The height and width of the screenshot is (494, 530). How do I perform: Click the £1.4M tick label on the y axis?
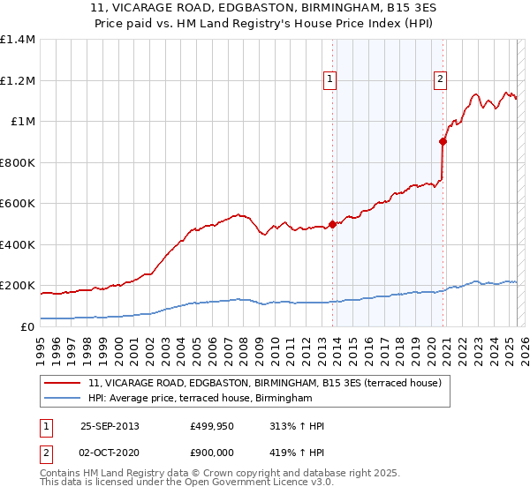pyautogui.click(x=17, y=40)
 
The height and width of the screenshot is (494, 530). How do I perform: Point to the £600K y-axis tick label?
pyautogui.click(x=17, y=204)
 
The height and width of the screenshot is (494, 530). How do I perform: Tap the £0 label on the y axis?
pyautogui.click(x=26, y=327)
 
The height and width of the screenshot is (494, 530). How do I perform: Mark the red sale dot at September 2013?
pyautogui.click(x=332, y=224)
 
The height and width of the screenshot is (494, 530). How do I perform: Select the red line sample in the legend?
pyautogui.click(x=64, y=383)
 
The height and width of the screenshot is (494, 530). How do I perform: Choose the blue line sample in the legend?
pyautogui.click(x=64, y=399)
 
